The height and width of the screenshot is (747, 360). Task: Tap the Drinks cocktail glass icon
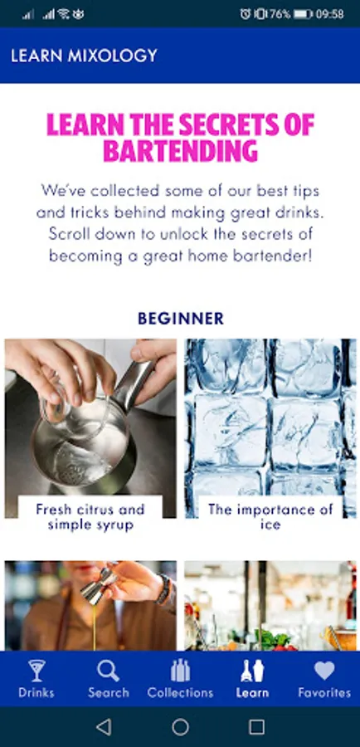[x=36, y=671]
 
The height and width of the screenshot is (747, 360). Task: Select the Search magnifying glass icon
[x=108, y=671]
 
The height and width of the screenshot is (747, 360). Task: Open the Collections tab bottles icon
[x=181, y=671]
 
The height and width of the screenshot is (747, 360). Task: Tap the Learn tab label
[x=252, y=692]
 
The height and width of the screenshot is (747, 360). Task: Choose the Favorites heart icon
[x=324, y=671]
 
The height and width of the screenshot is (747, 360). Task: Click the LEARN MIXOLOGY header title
[x=84, y=56]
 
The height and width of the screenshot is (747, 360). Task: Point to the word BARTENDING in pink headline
[x=181, y=151]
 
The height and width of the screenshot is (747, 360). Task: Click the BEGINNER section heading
[x=181, y=318]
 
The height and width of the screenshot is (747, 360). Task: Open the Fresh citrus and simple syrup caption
[x=90, y=517]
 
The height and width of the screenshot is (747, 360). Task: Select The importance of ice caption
[x=270, y=517]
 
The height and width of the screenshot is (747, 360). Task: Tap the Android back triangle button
[x=104, y=727]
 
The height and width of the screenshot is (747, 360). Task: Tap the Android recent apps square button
[x=256, y=727]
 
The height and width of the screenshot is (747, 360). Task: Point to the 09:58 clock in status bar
[x=329, y=14]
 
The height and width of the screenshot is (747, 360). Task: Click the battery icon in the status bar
[x=303, y=14]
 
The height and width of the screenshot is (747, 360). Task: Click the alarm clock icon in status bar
[x=246, y=14]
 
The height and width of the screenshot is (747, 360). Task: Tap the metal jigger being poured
[x=99, y=583]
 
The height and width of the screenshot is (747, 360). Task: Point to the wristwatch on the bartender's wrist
[x=163, y=588]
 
